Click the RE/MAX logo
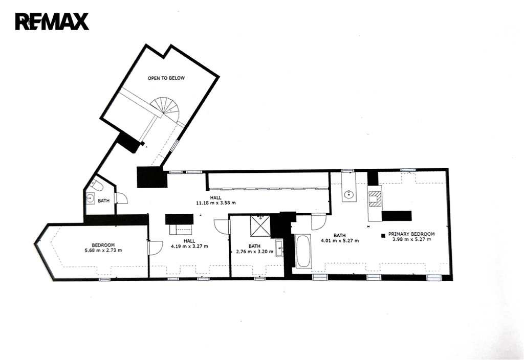(52, 21)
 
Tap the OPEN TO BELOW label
(166, 78)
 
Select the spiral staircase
(165, 108)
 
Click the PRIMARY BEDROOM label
(411, 234)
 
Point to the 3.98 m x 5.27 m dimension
(411, 239)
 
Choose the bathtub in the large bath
(303, 251)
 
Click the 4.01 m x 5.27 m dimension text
(340, 240)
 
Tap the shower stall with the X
(260, 226)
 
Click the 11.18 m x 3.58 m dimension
(215, 202)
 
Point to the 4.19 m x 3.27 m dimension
(189, 246)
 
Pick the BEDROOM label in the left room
(103, 245)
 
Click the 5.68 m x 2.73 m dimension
(103, 250)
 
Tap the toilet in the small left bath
(97, 185)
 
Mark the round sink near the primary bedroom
(349, 194)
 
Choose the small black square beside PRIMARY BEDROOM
(383, 236)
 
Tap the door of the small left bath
(121, 198)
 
